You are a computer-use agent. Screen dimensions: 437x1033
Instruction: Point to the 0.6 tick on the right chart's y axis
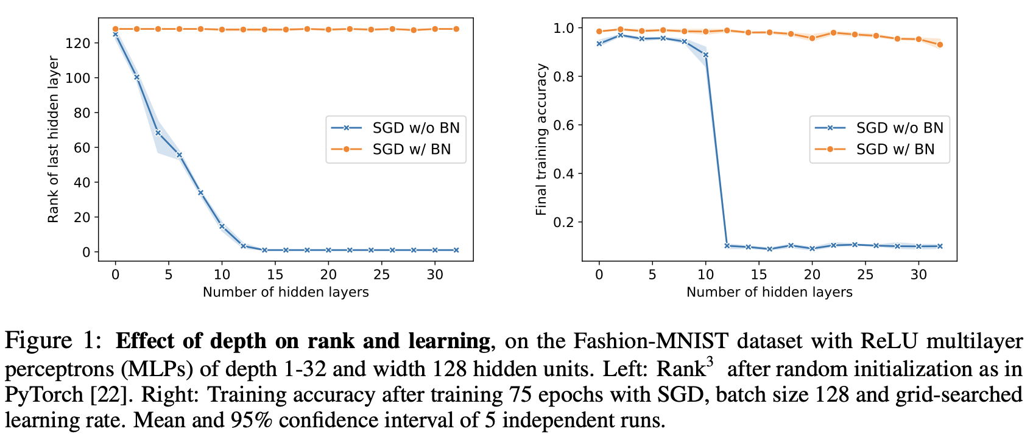[565, 125]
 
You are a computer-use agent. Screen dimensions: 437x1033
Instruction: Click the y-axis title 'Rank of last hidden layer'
[54, 139]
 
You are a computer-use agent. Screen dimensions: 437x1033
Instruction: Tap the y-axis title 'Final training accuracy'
[541, 139]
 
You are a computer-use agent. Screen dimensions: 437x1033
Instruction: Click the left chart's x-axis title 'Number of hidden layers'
[286, 292]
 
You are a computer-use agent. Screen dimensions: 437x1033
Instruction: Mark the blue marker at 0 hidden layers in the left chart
[115, 34]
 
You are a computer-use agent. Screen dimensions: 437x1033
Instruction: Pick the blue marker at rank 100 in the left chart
[136, 77]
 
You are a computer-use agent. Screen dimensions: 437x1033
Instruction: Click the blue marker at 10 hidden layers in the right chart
[705, 55]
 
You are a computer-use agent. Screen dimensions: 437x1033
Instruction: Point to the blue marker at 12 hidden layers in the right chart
[727, 246]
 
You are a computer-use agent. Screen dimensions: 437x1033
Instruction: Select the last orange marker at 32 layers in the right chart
[940, 44]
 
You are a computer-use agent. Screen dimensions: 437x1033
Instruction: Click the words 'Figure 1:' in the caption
[52, 341]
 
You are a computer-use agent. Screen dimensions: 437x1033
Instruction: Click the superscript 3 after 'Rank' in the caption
[710, 363]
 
